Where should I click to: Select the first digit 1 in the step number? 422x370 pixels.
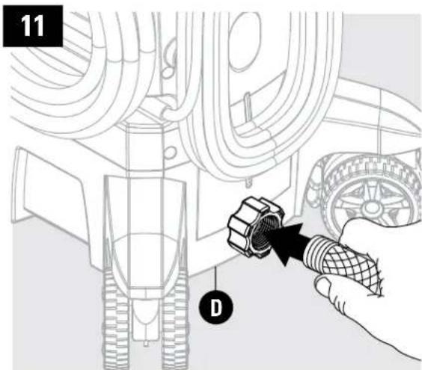click(x=25, y=29)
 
